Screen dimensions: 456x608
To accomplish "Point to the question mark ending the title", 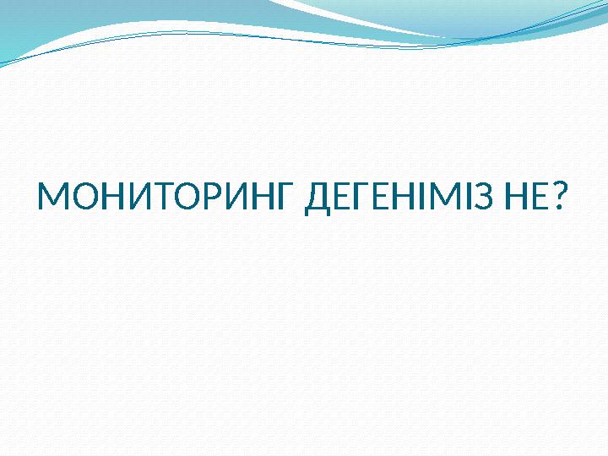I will pos(556,199).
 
